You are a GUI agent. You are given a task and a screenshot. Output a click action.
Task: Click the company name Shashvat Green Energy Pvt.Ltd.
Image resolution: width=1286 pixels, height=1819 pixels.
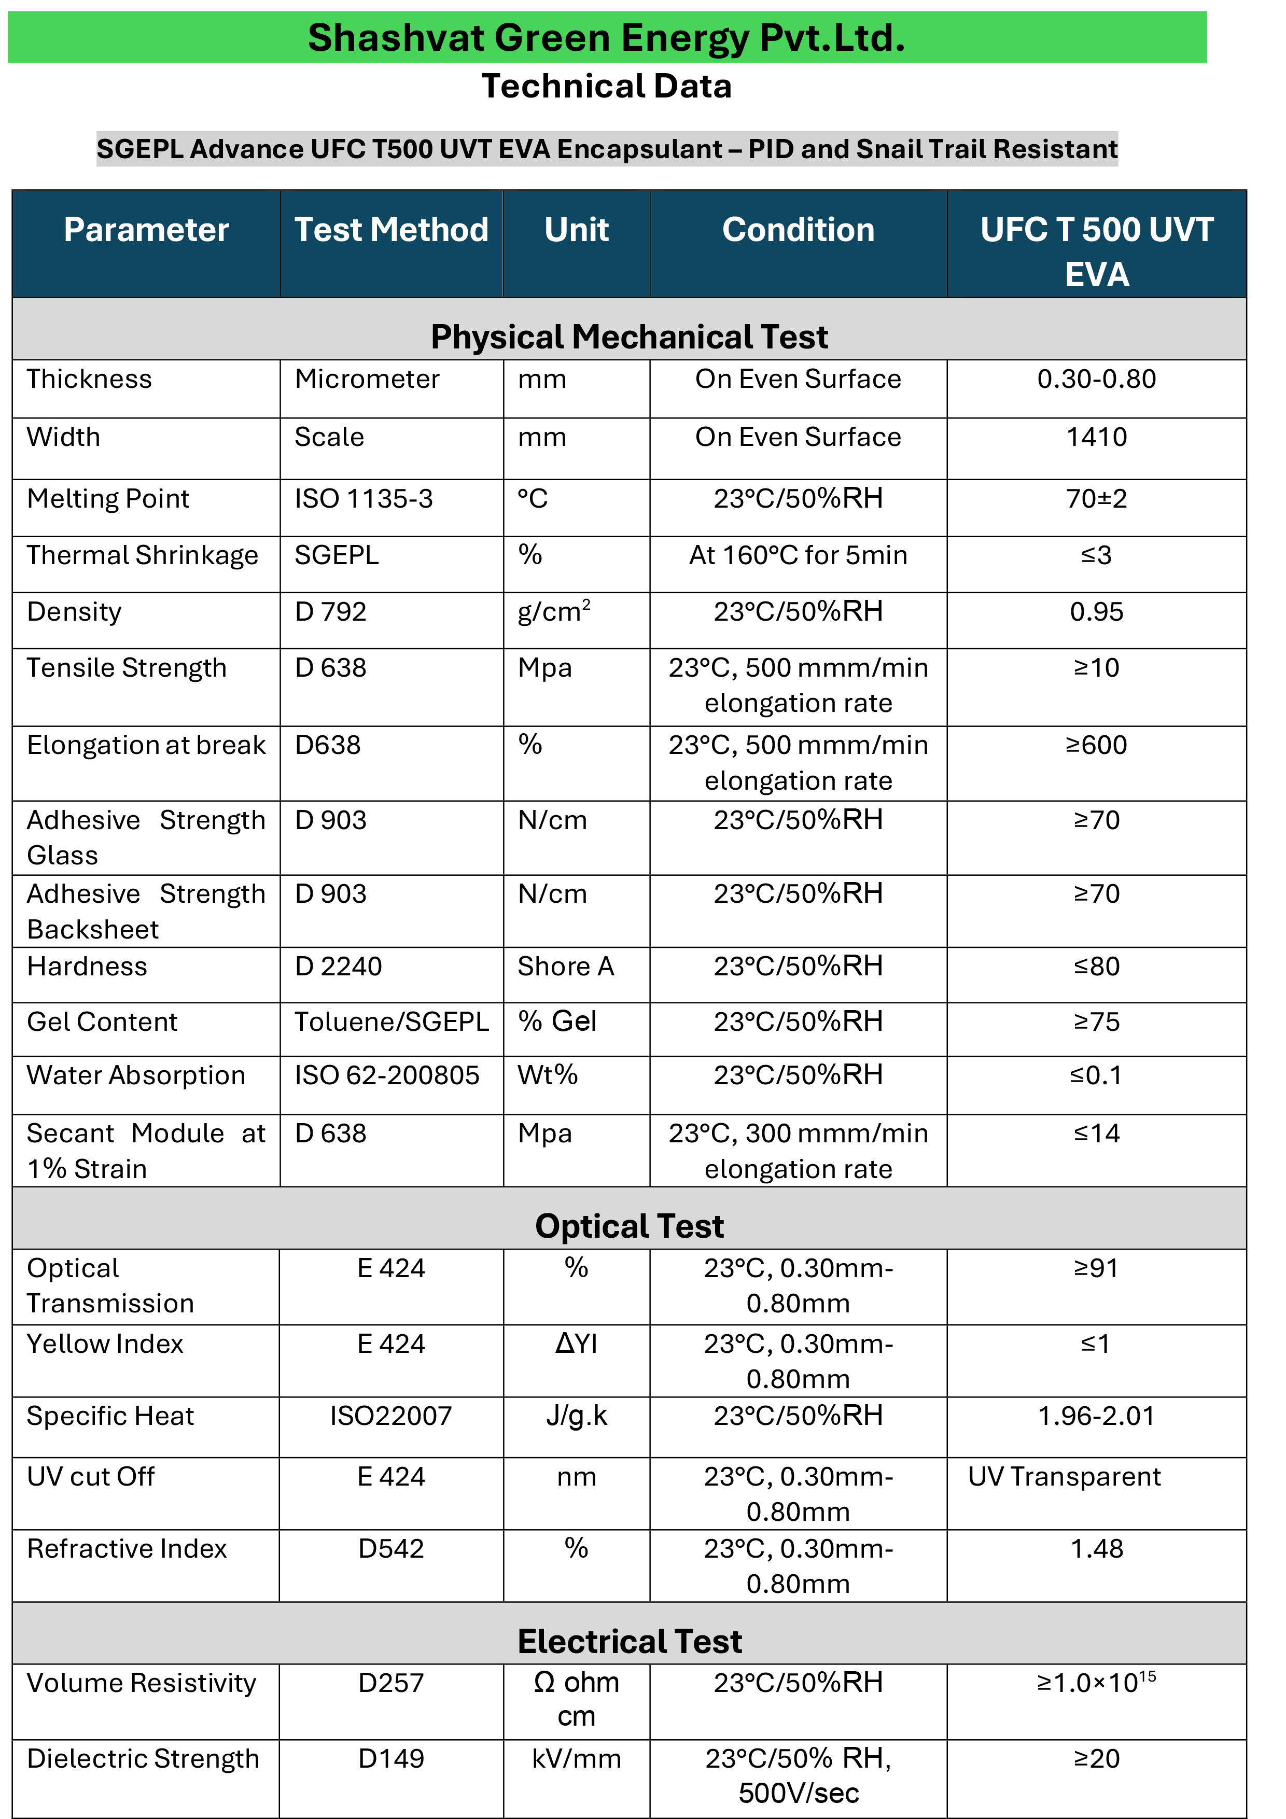[x=606, y=38]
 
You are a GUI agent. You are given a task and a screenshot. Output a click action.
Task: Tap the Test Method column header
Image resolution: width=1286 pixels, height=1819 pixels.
[x=392, y=230]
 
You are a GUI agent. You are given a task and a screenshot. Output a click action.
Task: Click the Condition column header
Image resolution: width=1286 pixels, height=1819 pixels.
[x=798, y=230]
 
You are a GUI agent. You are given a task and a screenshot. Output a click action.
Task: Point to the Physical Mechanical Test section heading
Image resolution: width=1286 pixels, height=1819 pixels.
[x=629, y=337]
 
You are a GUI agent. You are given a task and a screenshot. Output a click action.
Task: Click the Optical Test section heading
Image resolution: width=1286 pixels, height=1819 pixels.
[x=629, y=1226]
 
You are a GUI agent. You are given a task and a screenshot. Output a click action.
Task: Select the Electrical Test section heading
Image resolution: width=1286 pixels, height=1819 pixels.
[x=629, y=1641]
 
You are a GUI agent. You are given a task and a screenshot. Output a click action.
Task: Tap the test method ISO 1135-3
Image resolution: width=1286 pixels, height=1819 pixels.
[x=364, y=499]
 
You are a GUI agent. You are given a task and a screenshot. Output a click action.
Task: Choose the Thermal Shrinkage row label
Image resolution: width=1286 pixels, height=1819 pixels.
[x=143, y=555]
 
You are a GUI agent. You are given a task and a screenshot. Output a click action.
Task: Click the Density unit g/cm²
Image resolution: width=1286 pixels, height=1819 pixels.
[x=554, y=612]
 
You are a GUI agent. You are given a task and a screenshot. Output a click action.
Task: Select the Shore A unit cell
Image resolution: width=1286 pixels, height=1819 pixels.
[x=566, y=967]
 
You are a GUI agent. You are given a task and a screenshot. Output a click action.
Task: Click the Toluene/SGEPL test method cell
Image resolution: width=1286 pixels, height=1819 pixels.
[x=392, y=1022]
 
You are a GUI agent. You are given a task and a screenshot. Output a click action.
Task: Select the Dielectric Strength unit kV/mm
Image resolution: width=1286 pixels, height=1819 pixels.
[x=576, y=1759]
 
